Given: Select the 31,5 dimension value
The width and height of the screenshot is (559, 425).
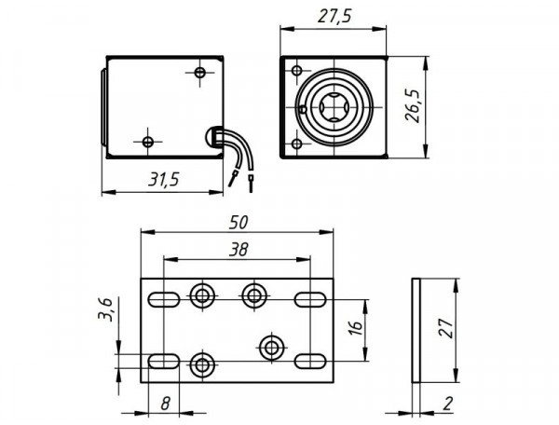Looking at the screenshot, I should (163, 181).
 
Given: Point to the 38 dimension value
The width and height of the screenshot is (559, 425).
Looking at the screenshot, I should (238, 249).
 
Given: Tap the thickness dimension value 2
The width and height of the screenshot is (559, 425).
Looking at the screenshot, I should (448, 404).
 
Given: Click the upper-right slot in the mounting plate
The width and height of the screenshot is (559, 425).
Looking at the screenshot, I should (309, 299).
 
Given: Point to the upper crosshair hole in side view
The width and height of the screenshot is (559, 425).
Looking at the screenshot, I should (200, 73).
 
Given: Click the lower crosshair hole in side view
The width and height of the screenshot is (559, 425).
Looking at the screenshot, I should (148, 142).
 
